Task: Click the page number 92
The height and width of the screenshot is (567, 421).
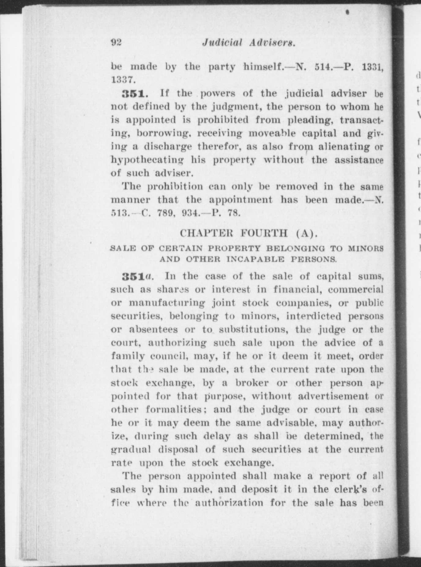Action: (x=116, y=42)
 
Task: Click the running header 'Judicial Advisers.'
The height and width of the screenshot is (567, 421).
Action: (x=248, y=43)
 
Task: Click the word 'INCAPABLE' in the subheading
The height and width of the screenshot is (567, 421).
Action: (x=256, y=259)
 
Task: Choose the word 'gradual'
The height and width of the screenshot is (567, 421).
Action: (x=131, y=450)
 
